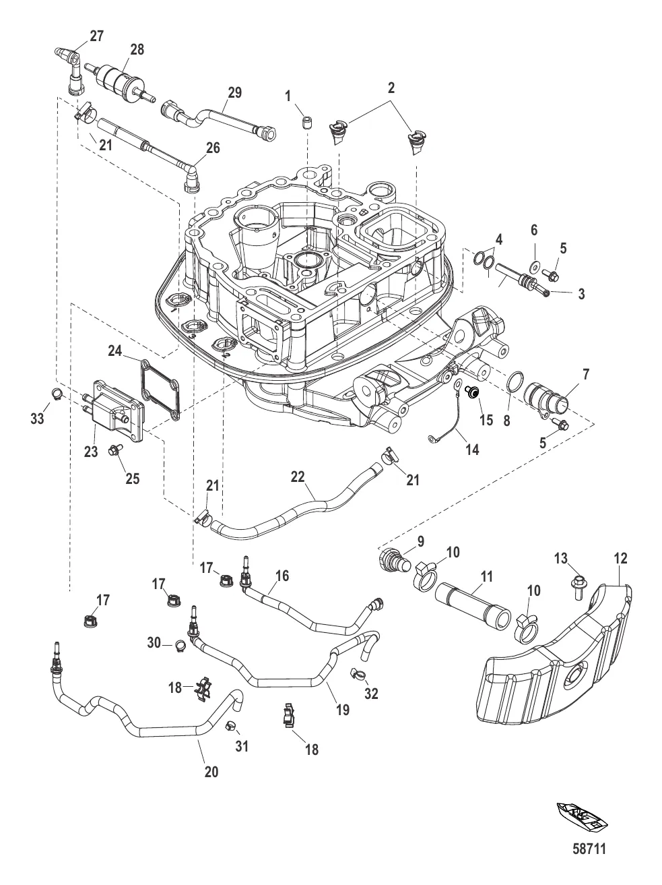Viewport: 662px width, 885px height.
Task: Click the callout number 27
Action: point(96,36)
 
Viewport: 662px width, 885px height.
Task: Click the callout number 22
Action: point(298,477)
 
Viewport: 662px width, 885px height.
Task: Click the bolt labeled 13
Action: point(578,580)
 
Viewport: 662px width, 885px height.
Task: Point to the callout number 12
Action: point(620,558)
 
